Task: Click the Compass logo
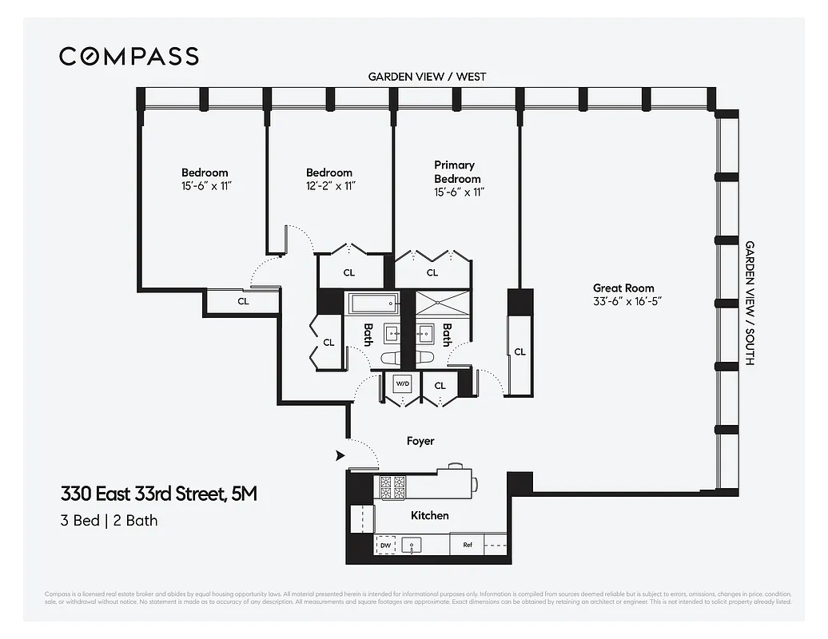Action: point(129,56)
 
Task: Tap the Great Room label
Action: point(623,288)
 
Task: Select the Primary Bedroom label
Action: point(457,172)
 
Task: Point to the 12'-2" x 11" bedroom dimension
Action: point(329,185)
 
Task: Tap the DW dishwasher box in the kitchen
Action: point(386,546)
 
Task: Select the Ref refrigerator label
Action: point(468,546)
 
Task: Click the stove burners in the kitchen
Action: point(391,486)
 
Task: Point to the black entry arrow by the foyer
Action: point(340,455)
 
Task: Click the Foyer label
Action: point(420,440)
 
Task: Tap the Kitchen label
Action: point(429,515)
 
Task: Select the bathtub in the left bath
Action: point(372,302)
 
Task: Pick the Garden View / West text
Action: point(426,77)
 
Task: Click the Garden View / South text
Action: point(750,304)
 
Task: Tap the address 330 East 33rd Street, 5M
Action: point(159,494)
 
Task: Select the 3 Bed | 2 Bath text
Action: point(109,521)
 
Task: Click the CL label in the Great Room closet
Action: point(519,351)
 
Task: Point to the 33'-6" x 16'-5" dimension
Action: point(623,301)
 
